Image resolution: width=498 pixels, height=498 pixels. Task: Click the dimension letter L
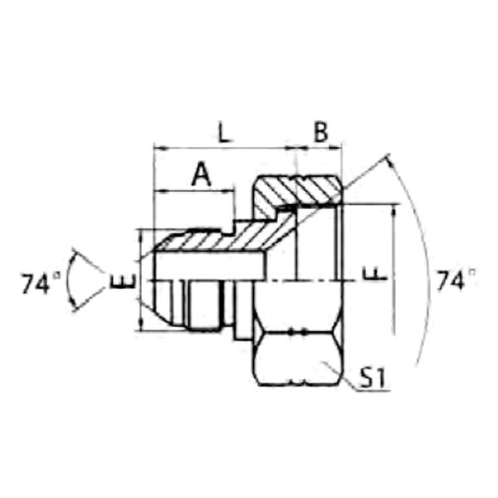pos(225,131)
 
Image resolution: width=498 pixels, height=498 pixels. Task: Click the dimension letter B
pos(320,131)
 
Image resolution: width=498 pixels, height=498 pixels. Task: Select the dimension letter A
pos(202,174)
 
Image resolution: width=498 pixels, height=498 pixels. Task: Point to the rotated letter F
pos(375,274)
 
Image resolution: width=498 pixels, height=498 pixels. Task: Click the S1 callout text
pos(372,378)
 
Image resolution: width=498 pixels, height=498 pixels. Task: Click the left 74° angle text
pos(41,283)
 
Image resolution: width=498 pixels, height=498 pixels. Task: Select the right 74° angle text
pos(456,280)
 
